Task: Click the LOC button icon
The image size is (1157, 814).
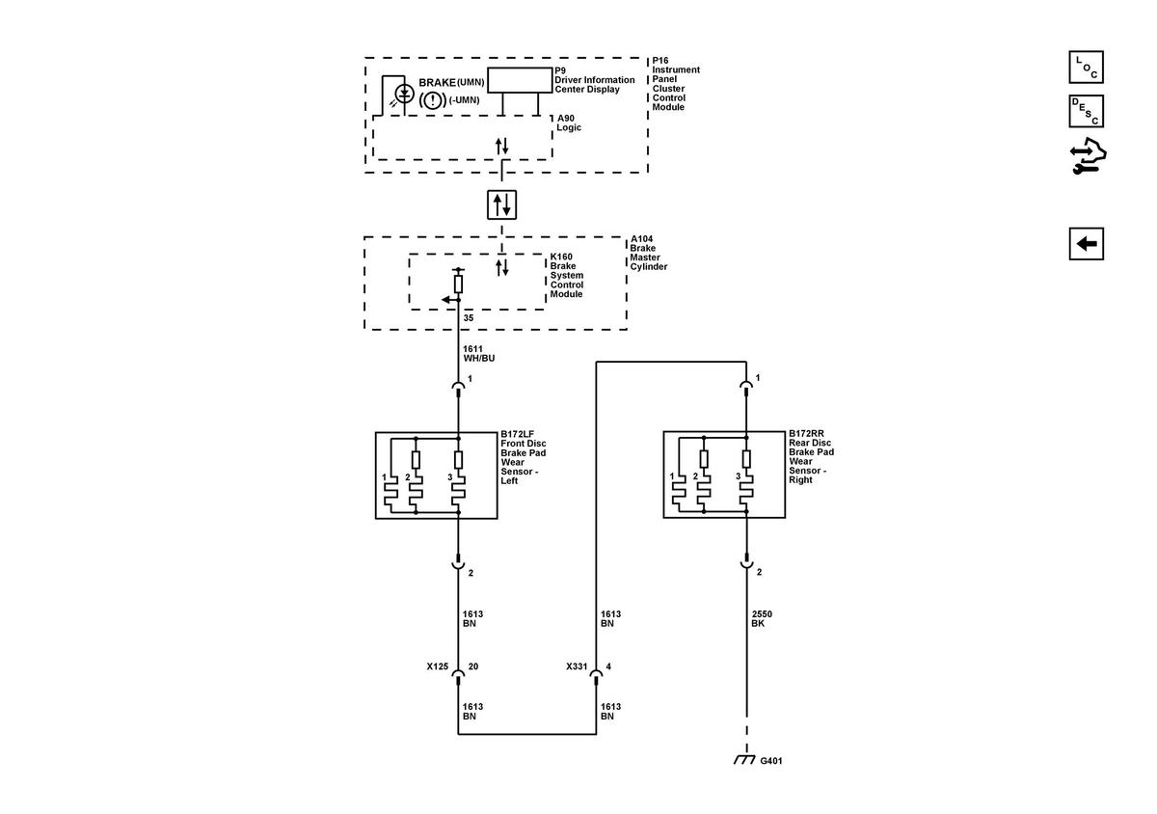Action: pos(1086,68)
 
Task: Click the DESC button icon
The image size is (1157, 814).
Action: pos(1086,111)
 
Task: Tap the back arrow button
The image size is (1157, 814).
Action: pos(1087,243)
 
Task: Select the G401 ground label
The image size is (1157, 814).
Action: pos(770,761)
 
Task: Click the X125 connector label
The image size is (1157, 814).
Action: pos(437,666)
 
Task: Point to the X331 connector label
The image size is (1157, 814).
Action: pos(577,666)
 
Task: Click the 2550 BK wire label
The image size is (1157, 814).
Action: pos(762,618)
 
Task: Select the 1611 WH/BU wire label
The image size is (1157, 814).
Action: pos(478,354)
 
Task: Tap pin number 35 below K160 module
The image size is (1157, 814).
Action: pos(468,318)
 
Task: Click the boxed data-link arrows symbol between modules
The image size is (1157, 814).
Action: pos(501,204)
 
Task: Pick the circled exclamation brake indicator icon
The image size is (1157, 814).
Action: pos(432,100)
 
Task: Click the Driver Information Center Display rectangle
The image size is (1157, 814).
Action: pos(520,80)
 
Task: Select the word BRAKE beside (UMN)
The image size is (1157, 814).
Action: pos(437,83)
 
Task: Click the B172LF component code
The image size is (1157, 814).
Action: pos(517,434)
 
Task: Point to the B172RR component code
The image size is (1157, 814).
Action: pos(806,433)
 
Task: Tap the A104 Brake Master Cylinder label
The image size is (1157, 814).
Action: pos(648,253)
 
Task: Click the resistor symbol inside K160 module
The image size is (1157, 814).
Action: pos(458,285)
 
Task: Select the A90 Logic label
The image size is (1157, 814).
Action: pos(569,123)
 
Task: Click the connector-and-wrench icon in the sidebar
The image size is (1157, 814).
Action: pos(1088,155)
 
